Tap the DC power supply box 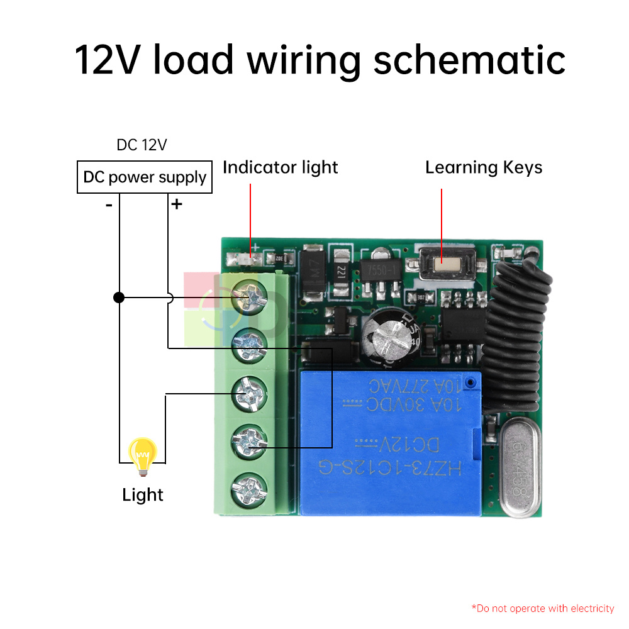click(x=145, y=177)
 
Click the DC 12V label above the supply click(x=142, y=145)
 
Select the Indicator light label click(x=281, y=167)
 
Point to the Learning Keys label click(x=484, y=167)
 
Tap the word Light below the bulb click(x=143, y=495)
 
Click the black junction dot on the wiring click(x=119, y=298)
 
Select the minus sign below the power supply click(x=109, y=204)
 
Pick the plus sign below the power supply click(x=177, y=204)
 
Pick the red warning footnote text click(x=543, y=608)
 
